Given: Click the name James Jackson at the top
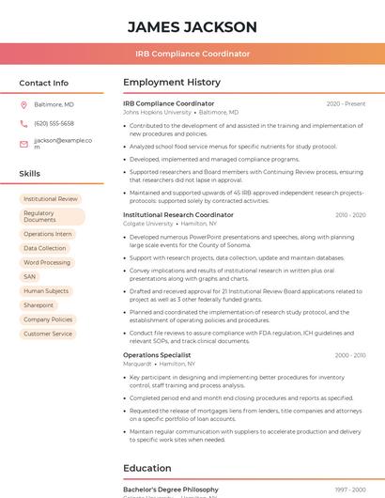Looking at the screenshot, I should coord(192,26).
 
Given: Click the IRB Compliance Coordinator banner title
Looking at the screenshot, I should coord(192,54).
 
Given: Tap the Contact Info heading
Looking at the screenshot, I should coord(43,83).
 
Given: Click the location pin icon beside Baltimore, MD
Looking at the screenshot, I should coord(23,104).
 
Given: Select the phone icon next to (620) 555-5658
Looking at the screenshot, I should coord(23,123).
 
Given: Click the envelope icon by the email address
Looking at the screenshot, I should coord(23,144).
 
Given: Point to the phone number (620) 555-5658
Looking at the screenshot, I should coord(54,123).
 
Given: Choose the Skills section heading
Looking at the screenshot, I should coord(29,174).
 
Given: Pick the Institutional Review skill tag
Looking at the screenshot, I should coord(51,199).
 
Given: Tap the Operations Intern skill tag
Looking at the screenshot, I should coord(47,234).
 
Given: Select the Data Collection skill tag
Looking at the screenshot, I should coord(45,248).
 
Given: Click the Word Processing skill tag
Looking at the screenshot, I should coord(47,262).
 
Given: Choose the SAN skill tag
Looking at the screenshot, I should coord(30,277).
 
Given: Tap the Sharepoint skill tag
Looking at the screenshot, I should coord(38,305).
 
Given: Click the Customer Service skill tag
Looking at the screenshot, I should coord(48,334).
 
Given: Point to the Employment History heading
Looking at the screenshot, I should coord(171,83).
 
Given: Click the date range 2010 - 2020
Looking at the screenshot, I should coord(350,215).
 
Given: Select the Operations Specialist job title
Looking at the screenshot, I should coord(157,355).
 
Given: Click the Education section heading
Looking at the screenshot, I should coord(146,468).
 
